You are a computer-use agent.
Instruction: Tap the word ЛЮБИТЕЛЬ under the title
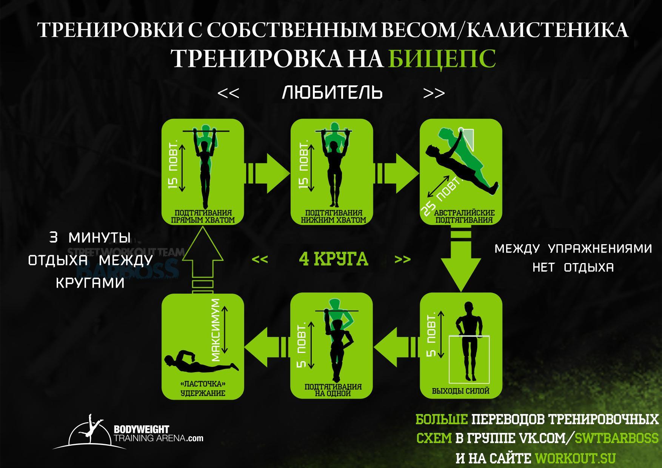coord(332,92)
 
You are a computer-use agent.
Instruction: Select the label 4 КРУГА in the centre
coord(333,259)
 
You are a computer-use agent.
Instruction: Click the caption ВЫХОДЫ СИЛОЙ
coord(460,391)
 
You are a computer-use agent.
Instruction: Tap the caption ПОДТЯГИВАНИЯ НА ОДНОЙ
coord(333,390)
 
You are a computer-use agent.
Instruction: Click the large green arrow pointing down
coord(460,264)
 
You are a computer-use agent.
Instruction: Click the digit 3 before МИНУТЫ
coord(54,238)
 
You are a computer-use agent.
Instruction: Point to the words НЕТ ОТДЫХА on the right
coord(573,268)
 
